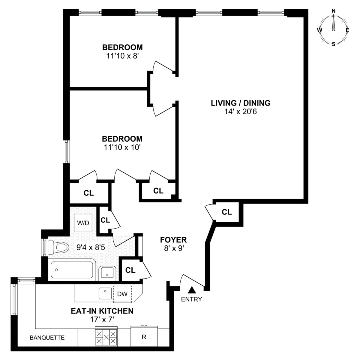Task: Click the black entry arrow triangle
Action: [192, 290]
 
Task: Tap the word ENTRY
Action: [192, 299]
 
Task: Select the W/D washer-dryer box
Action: [83, 223]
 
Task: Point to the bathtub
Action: [72, 270]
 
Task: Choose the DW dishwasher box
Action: [122, 294]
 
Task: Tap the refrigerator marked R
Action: [144, 337]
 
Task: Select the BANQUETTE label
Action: [47, 337]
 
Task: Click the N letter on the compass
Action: [334, 11]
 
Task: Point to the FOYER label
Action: [173, 240]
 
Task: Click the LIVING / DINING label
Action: [241, 103]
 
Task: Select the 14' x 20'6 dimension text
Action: [241, 112]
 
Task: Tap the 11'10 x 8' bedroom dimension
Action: [122, 56]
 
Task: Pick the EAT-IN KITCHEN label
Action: [102, 311]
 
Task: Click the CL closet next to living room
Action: [227, 212]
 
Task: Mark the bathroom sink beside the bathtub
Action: [107, 272]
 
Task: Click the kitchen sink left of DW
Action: [105, 293]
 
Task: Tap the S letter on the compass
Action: [334, 44]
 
